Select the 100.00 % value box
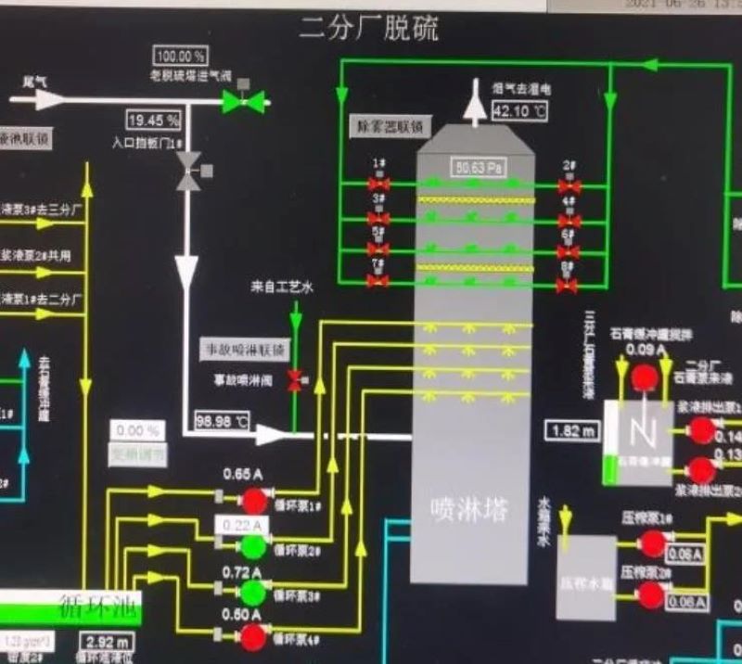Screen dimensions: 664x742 coord(182,56)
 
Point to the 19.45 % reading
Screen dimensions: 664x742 coord(154,120)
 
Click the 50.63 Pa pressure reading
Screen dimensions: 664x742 coord(478,168)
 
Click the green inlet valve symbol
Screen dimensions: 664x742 coord(243,101)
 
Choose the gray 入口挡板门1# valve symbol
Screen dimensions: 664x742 coord(189,172)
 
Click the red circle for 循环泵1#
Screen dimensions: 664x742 coord(253,501)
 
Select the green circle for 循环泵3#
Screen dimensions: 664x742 coord(253,591)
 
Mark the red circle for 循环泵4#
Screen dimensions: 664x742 coord(253,636)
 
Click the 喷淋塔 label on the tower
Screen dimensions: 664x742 coord(470,507)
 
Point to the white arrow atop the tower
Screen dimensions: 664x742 coord(477,101)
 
